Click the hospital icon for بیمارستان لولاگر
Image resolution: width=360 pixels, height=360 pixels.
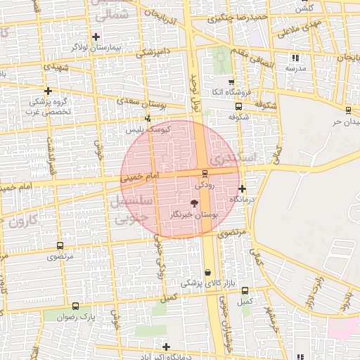[96, 36]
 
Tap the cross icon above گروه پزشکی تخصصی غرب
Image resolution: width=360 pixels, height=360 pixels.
[48, 91]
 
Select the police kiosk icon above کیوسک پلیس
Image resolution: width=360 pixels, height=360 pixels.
[147, 119]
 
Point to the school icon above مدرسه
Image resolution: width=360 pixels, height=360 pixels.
[295, 58]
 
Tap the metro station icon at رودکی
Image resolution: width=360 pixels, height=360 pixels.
[205, 173]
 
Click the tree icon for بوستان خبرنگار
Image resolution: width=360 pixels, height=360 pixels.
[195, 202]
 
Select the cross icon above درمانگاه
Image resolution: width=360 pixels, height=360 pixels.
[242, 188]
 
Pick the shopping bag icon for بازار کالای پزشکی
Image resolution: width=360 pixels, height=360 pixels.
[207, 272]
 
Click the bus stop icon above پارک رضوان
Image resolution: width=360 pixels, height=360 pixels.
[75, 306]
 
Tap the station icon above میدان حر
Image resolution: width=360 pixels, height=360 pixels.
[348, 109]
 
